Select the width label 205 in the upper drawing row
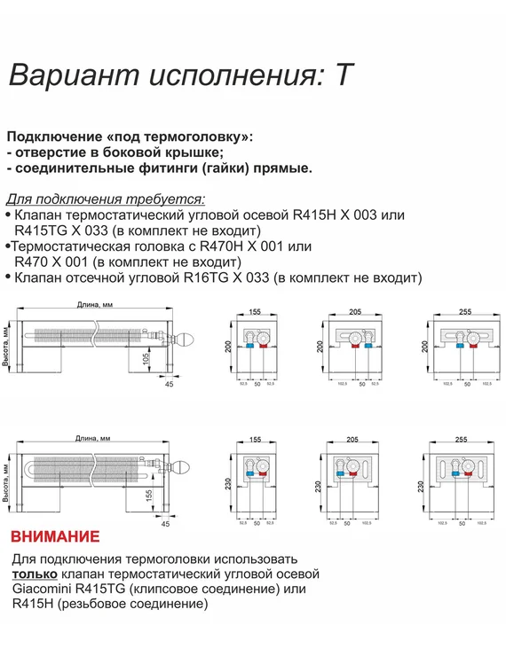(x=354, y=313)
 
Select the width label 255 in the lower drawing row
(x=460, y=439)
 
